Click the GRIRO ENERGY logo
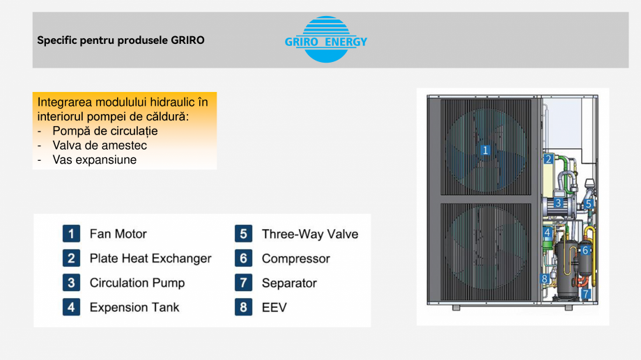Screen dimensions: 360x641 point(325,40)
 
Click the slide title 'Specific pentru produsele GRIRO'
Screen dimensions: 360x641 point(121,40)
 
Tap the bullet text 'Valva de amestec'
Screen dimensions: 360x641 point(100,146)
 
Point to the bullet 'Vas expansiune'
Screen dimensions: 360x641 point(94,159)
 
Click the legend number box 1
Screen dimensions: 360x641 point(70,234)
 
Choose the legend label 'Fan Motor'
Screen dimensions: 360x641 point(118,234)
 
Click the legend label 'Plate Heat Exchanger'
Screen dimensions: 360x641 point(150,258)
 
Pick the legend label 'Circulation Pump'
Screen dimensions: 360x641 point(137,283)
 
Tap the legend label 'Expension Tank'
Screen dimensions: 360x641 point(134,307)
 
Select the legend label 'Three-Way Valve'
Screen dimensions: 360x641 point(310,234)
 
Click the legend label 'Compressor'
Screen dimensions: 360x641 point(295,258)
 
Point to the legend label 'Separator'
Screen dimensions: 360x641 point(289,283)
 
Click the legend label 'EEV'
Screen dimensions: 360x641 point(274,307)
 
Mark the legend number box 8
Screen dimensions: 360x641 point(243,307)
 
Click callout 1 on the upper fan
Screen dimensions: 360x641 point(486,149)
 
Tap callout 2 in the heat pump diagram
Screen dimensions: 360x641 point(548,159)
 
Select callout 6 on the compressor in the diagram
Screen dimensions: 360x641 point(585,249)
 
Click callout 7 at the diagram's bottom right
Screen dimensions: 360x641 point(586,294)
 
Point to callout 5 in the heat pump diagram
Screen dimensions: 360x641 point(589,204)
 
